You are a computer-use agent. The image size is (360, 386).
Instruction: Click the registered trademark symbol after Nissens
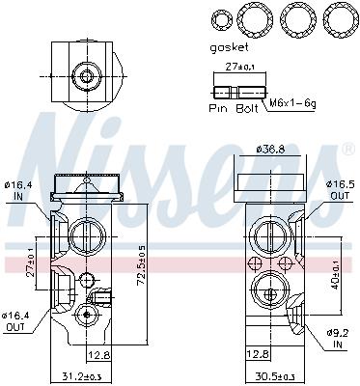point(348,150)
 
